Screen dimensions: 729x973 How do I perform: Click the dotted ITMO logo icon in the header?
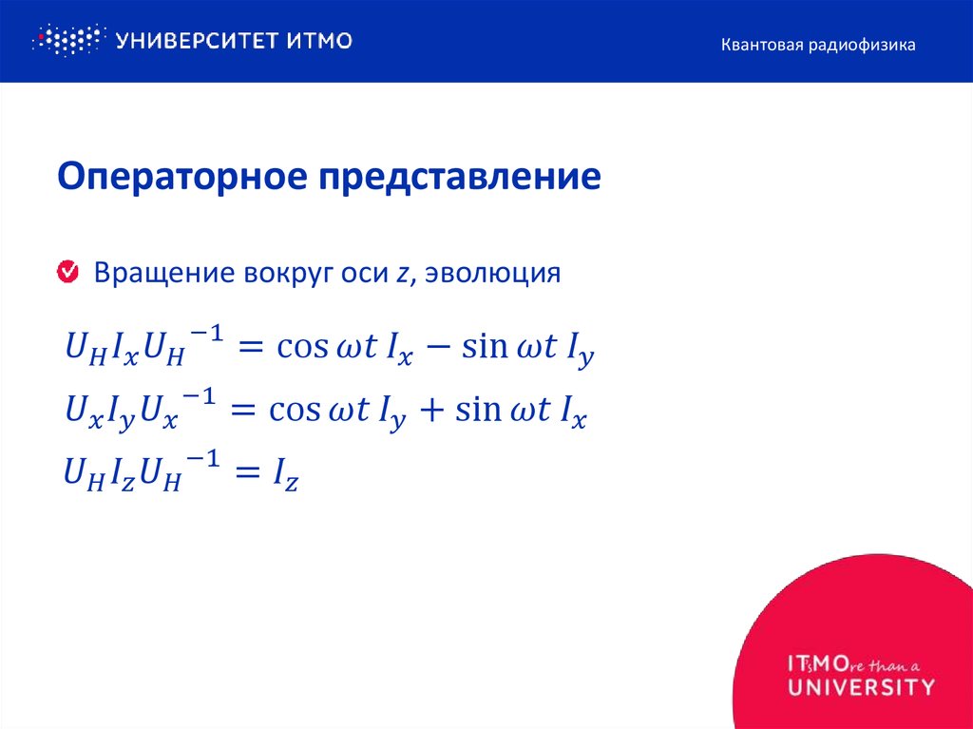(67, 40)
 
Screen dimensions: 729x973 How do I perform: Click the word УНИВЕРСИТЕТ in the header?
(195, 40)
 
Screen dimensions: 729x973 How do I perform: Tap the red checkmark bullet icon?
(68, 273)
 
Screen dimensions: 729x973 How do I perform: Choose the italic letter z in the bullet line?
(403, 275)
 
